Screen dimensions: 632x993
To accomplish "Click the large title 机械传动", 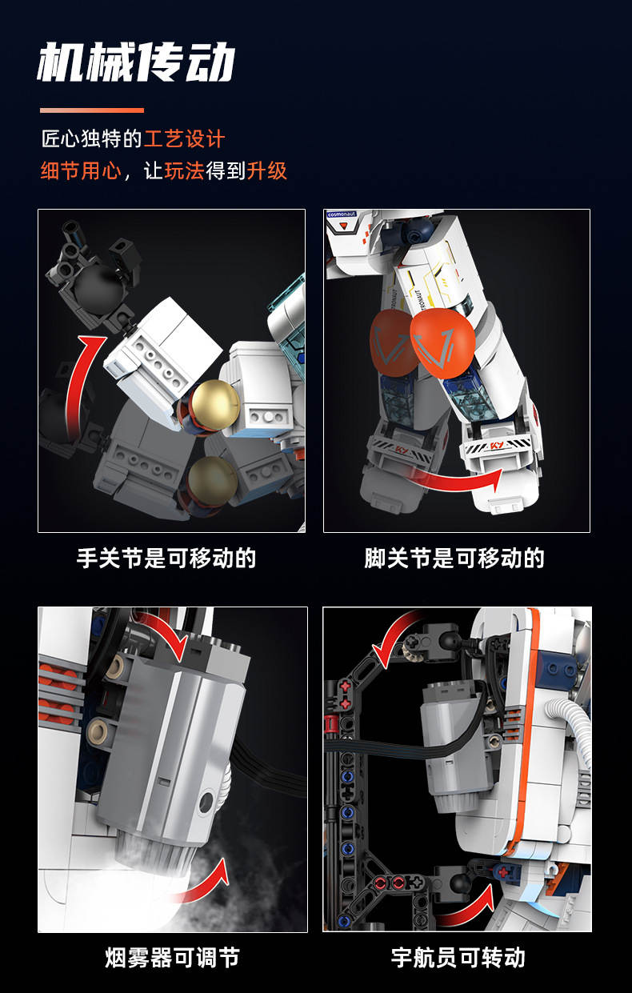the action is [135, 62].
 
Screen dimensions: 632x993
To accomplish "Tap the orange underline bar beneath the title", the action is [92, 110].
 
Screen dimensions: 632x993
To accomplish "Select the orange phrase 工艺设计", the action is [184, 139].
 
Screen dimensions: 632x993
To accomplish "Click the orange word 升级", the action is [267, 170].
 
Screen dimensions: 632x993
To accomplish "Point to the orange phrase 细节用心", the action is [81, 170].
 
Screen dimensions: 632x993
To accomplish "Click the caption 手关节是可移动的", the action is [166, 558].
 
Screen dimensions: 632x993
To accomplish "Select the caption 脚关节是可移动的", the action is [454, 558].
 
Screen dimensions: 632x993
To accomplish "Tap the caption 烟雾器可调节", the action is [173, 958].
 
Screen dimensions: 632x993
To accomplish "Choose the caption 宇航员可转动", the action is [458, 958].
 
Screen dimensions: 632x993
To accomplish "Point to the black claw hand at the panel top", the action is [92, 274].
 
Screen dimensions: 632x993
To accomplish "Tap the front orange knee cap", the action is [442, 343].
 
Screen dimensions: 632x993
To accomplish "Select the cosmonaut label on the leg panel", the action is [342, 215].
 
